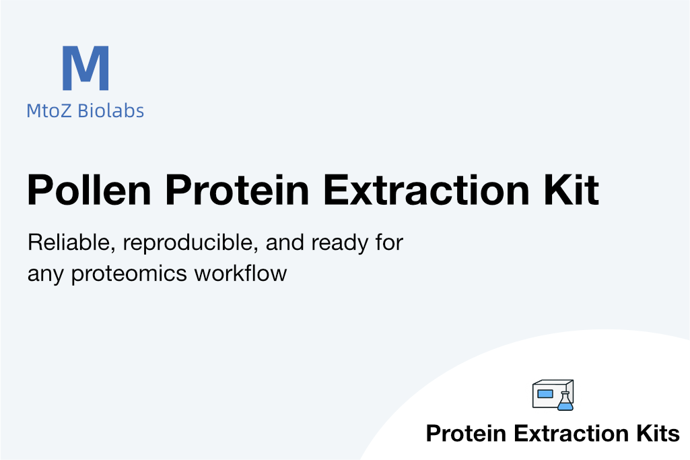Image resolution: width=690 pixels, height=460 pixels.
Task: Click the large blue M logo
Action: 85,68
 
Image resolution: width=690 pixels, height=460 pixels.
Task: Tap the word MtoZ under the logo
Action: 49,110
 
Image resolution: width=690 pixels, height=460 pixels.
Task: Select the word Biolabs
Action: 111,110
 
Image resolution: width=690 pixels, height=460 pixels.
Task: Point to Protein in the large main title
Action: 237,190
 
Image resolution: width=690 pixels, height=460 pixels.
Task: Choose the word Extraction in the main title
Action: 426,190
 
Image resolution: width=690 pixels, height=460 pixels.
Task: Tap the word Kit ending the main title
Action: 572,190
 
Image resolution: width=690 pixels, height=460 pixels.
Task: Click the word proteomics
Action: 129,274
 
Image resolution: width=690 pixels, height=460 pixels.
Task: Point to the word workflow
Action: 241,273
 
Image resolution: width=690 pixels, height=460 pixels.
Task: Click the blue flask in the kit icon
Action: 565,401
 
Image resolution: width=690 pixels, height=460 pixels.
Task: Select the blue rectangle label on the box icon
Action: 545,393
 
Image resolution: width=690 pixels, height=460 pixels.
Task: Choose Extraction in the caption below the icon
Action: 572,433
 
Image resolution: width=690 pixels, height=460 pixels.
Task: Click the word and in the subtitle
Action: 285,242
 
